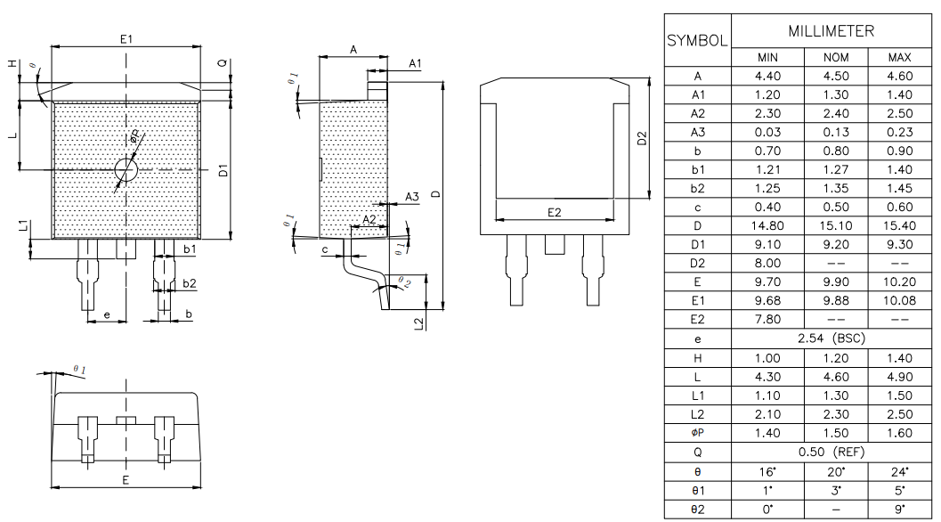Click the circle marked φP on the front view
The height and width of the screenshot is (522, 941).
tap(126, 169)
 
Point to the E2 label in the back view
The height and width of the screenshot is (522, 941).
tap(554, 212)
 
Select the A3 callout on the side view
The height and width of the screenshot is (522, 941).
tap(411, 196)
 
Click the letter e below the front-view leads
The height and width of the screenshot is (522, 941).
tap(107, 314)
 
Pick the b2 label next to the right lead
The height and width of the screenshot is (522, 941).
tap(189, 282)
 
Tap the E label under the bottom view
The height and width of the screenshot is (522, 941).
tap(126, 480)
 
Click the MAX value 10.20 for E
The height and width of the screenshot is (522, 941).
tap(899, 282)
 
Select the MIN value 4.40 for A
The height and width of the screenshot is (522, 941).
tap(767, 77)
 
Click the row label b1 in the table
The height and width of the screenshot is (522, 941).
tap(699, 170)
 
